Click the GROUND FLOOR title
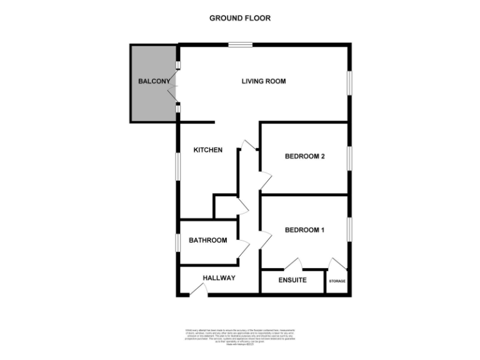(239, 18)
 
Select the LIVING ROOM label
(264, 81)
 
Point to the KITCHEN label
(207, 150)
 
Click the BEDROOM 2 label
(304, 157)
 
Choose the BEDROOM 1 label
(304, 230)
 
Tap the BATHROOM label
(207, 240)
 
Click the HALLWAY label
(219, 278)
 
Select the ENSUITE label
(292, 280)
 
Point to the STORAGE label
(337, 281)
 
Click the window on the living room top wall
(240, 44)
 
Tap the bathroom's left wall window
(177, 242)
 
